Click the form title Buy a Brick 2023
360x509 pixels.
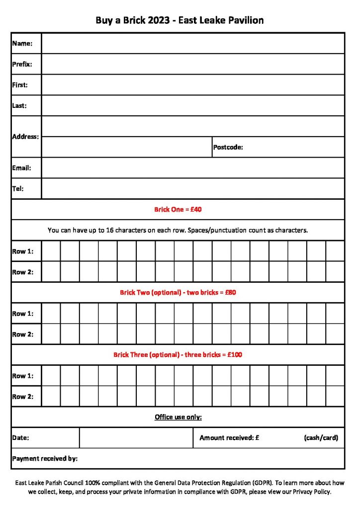click(x=180, y=20)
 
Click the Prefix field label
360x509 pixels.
click(x=22, y=64)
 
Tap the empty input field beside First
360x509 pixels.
click(x=193, y=85)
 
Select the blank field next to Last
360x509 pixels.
click(x=193, y=106)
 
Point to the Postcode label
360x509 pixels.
click(x=228, y=147)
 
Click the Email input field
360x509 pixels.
click(x=193, y=168)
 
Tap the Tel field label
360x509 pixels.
click(x=18, y=189)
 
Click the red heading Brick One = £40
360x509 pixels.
click(x=178, y=210)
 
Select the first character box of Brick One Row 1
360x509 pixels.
click(x=51, y=251)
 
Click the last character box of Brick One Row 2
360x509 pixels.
click(x=335, y=272)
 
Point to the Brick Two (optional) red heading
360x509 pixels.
click(x=178, y=293)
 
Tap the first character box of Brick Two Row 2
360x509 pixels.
click(x=51, y=335)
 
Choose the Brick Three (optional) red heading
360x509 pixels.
click(x=178, y=355)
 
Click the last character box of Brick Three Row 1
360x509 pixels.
click(x=335, y=376)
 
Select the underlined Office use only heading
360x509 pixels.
click(x=178, y=417)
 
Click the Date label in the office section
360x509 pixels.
click(x=20, y=438)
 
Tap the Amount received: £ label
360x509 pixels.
click(x=229, y=438)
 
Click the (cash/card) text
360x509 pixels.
click(x=321, y=438)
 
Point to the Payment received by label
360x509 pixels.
click(x=45, y=459)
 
